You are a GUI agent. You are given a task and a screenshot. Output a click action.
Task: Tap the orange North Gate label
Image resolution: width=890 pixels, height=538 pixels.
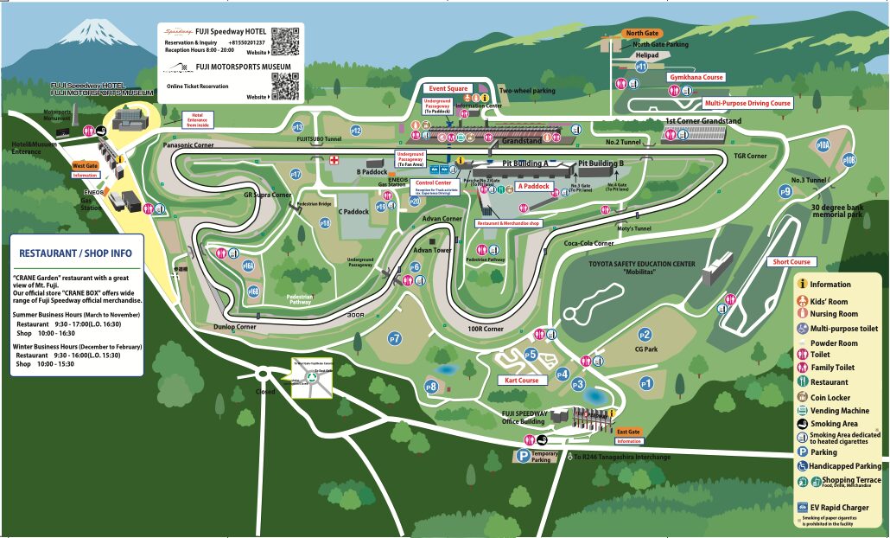click(x=642, y=33)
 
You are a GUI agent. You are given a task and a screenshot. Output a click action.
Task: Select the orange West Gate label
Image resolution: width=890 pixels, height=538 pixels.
click(x=85, y=165)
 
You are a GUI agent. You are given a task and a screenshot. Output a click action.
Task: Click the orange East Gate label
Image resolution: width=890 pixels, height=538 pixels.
click(x=628, y=432)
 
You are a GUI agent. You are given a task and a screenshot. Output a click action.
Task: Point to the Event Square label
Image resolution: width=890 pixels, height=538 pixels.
click(x=448, y=88)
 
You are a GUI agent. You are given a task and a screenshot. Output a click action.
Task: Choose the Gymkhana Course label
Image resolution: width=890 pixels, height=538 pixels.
click(x=696, y=77)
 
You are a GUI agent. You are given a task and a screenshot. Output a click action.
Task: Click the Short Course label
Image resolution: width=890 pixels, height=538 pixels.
click(x=791, y=261)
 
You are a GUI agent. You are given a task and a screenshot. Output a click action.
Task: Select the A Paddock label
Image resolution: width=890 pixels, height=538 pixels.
click(x=534, y=186)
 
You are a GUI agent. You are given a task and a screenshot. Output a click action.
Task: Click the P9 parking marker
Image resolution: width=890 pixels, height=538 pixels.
click(x=785, y=192)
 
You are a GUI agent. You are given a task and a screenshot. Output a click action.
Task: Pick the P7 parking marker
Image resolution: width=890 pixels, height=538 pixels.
click(x=395, y=337)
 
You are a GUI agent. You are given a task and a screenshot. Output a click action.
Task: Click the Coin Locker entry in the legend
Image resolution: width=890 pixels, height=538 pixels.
click(x=830, y=397)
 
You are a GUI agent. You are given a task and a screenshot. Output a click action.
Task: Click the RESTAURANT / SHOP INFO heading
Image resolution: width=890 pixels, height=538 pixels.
click(x=75, y=253)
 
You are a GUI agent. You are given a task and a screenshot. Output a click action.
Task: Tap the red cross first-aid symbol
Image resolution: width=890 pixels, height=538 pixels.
click(x=333, y=160)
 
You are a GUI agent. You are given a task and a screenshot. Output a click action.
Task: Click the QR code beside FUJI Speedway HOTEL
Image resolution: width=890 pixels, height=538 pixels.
click(x=284, y=41)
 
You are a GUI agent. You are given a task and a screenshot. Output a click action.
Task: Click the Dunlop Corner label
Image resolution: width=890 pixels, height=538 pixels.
click(x=235, y=327)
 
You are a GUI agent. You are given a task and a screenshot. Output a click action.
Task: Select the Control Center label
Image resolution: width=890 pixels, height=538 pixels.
click(x=434, y=183)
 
